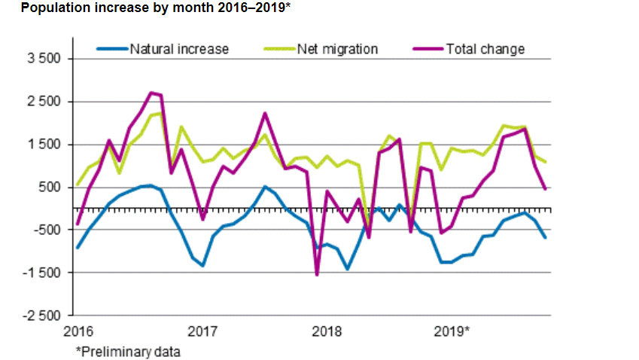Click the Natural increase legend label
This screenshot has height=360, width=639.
[x=179, y=50]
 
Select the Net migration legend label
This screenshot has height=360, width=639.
[x=337, y=50]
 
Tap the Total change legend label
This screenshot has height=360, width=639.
[x=485, y=50]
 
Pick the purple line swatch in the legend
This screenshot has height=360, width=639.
[x=429, y=50]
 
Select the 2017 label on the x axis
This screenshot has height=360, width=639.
[x=202, y=331]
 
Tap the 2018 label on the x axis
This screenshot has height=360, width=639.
[x=327, y=331]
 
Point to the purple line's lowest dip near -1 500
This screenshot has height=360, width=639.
[x=317, y=274]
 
